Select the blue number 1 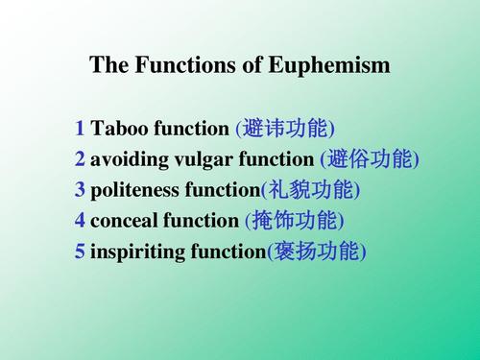(80, 128)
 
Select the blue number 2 (80, 159)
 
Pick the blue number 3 (80, 190)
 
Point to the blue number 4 (80, 221)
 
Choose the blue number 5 (80, 252)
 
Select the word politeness (133, 190)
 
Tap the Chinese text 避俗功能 (372, 159)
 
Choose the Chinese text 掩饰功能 (296, 221)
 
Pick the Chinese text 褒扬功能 (318, 252)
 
